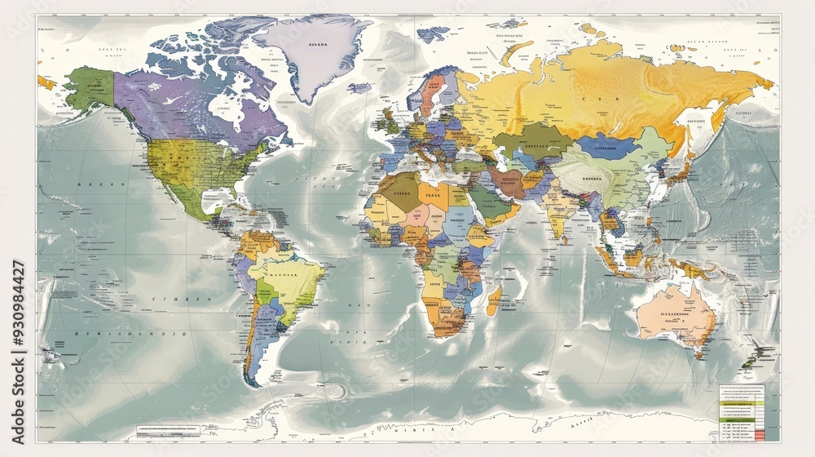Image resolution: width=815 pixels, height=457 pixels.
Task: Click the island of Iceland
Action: point(359,87)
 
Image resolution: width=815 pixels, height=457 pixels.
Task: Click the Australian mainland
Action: point(672,314)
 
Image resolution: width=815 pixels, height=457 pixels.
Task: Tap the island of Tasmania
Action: point(698,353)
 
